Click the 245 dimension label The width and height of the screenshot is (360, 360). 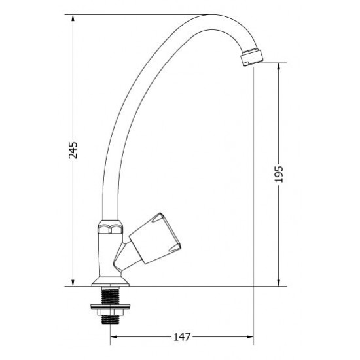pyautogui.click(x=73, y=151)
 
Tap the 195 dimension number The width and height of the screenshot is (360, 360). pyautogui.click(x=279, y=174)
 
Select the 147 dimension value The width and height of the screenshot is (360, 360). pyautogui.click(x=182, y=337)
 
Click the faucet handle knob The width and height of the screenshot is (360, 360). pyautogui.click(x=155, y=239)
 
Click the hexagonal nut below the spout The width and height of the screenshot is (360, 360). pyautogui.click(x=110, y=227)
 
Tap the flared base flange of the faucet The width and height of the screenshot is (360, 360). pyautogui.click(x=111, y=281)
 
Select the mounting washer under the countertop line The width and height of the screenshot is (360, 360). pyautogui.click(x=111, y=306)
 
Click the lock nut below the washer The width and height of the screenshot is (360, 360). pyautogui.click(x=111, y=312)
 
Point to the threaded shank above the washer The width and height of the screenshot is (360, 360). pyautogui.click(x=111, y=295)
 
